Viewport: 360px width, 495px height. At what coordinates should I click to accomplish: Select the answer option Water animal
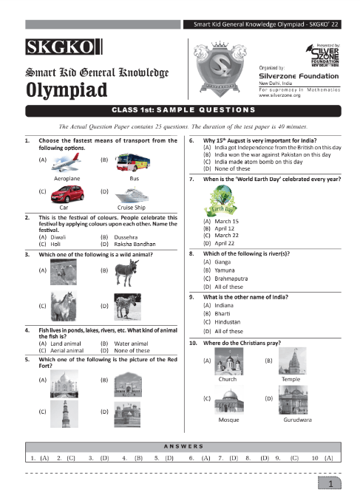(x=127, y=344)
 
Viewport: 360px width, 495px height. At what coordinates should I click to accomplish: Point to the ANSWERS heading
(x=180, y=447)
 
